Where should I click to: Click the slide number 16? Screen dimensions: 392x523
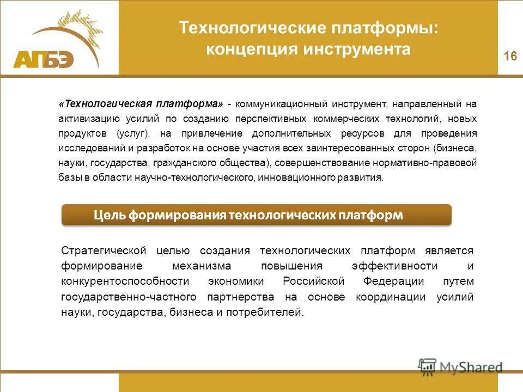pyautogui.click(x=510, y=56)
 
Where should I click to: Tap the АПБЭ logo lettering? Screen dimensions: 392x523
pyautogui.click(x=43, y=59)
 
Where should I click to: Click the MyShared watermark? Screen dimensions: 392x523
pyautogui.click(x=460, y=367)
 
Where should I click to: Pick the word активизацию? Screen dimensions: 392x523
pyautogui.click(x=86, y=118)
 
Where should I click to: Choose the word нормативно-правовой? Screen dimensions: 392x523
pyautogui.click(x=436, y=163)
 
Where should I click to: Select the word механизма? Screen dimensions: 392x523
pyautogui.click(x=202, y=266)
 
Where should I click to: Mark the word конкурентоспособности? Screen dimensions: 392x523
pyautogui.click(x=125, y=281)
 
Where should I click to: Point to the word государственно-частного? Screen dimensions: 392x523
pyautogui.click(x=129, y=297)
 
